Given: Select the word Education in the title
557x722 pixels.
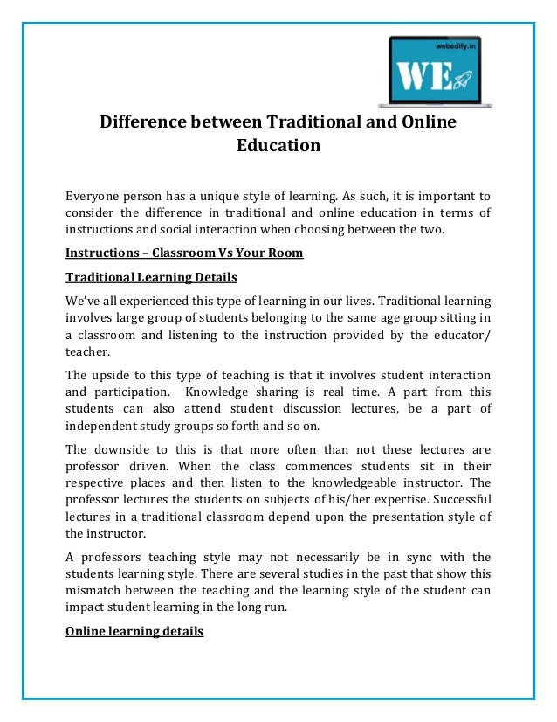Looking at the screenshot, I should click(278, 146).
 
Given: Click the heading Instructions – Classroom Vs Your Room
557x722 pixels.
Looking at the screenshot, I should click(184, 253).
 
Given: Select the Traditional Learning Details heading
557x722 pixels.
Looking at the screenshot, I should click(151, 277).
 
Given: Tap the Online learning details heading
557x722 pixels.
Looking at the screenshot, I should click(134, 628).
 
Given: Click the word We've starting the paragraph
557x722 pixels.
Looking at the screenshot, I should click(84, 299).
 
